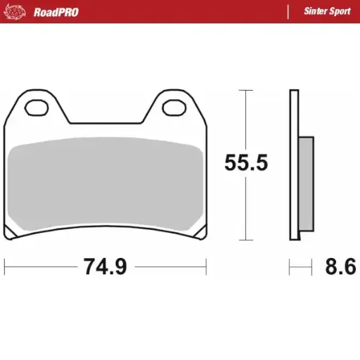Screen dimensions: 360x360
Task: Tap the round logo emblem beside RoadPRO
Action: (20, 12)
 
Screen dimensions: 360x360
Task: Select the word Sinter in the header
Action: (316, 12)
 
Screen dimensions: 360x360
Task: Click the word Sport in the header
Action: (341, 12)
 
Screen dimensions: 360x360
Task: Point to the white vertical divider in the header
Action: (290, 12)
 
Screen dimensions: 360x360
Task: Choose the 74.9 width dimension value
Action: (105, 267)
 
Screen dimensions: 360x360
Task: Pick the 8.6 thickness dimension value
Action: (340, 267)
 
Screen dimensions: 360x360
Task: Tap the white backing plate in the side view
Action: (293, 165)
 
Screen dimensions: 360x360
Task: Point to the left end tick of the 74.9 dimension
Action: (5, 267)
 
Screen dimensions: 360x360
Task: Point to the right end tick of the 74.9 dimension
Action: (205, 267)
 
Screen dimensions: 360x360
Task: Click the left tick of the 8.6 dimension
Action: (290, 267)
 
